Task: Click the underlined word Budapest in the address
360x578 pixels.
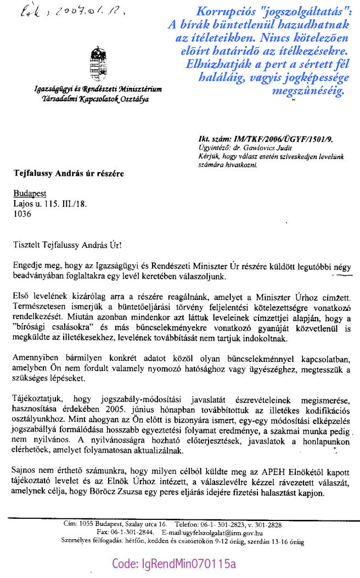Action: (30, 194)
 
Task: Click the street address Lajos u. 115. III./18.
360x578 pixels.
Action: (49, 204)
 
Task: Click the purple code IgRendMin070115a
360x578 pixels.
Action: (174, 563)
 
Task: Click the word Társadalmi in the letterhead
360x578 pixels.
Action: (54, 99)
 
